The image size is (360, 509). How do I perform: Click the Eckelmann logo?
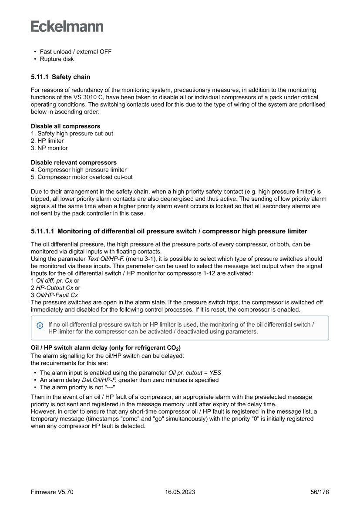[x=67, y=26]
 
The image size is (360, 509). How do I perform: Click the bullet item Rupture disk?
[x=57, y=59]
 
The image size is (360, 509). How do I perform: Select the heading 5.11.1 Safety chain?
[x=61, y=77]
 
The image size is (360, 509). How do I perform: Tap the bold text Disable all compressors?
[x=65, y=126]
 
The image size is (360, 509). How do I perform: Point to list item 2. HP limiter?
[x=47, y=141]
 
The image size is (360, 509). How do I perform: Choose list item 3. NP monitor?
[x=49, y=148]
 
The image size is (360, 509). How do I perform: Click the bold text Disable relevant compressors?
[x=74, y=162]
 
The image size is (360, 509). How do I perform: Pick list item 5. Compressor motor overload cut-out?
[x=81, y=177]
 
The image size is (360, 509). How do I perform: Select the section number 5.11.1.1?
[x=42, y=231]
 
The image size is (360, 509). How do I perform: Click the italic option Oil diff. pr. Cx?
[x=54, y=280]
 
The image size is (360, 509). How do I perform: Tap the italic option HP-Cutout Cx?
[x=54, y=288]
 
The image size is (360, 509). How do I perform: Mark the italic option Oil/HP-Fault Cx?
[x=57, y=295]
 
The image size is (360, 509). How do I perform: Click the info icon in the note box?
[x=40, y=325]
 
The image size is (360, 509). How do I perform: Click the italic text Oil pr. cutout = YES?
[x=195, y=373]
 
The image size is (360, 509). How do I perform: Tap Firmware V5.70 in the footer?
[x=52, y=492]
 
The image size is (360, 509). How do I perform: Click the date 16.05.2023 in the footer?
[x=180, y=492]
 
